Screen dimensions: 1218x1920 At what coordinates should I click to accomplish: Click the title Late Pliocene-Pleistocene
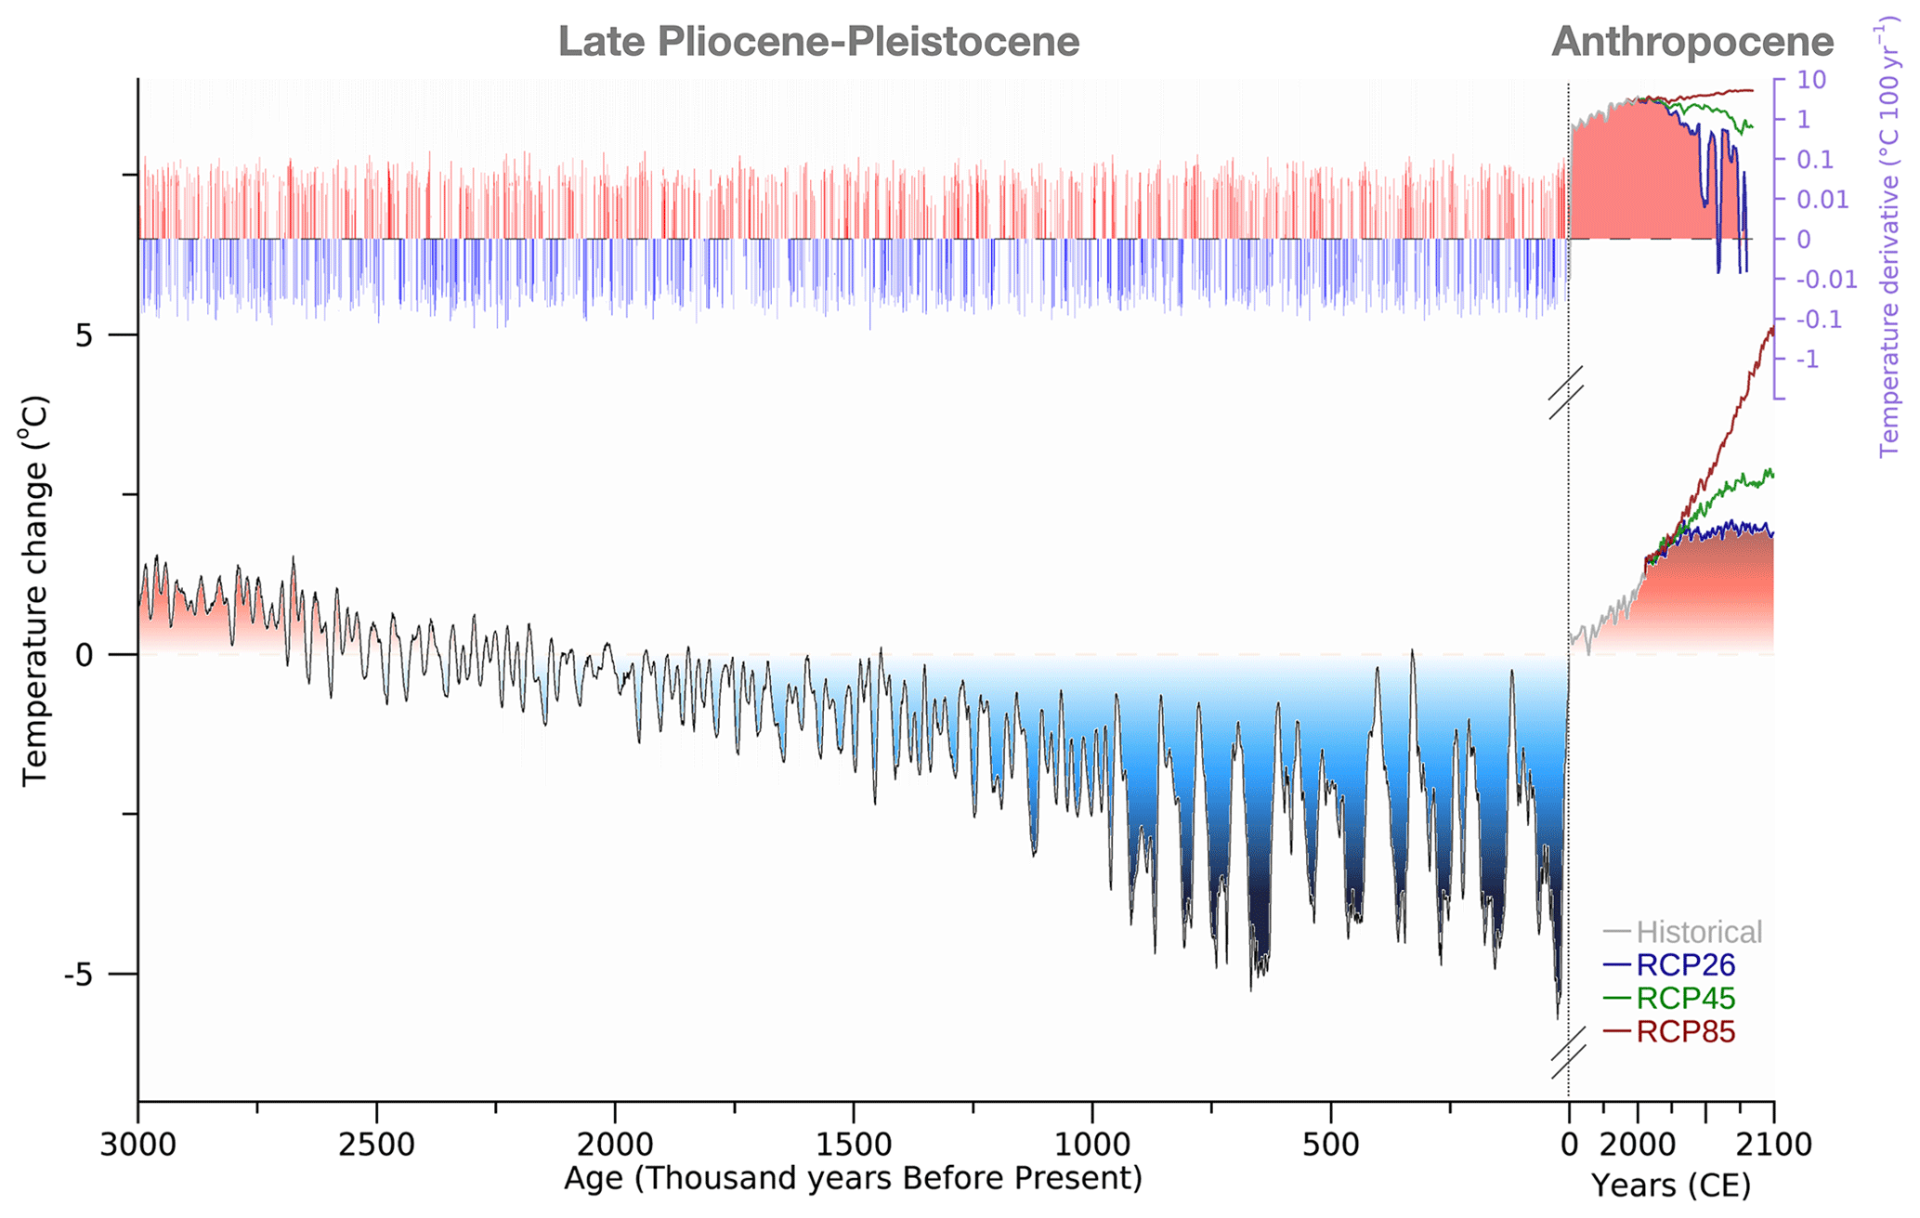click(x=818, y=42)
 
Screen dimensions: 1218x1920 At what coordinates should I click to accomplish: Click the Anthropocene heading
click(x=1692, y=42)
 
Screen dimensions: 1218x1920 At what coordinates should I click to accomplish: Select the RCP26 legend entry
click(x=1685, y=964)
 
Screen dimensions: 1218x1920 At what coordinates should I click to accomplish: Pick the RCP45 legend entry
click(x=1685, y=998)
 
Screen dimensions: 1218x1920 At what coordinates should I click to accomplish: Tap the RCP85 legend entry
click(x=1685, y=1031)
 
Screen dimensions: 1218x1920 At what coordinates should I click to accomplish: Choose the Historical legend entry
click(x=1698, y=931)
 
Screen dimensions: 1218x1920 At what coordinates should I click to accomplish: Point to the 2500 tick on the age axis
click(x=376, y=1144)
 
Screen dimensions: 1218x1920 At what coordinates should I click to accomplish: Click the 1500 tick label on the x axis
click(x=853, y=1144)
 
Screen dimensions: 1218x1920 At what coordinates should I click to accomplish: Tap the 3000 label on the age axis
click(x=138, y=1144)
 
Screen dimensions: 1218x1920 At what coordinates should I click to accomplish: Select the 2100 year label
click(x=1775, y=1144)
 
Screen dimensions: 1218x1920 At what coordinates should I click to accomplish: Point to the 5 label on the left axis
click(x=85, y=335)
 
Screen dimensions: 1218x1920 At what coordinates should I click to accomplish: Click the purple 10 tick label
click(x=1811, y=79)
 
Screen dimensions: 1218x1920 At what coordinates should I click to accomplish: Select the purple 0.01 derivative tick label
click(x=1822, y=199)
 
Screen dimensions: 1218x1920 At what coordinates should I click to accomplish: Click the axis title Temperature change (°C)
click(x=34, y=591)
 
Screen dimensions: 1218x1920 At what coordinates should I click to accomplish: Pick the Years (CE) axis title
click(x=1670, y=1185)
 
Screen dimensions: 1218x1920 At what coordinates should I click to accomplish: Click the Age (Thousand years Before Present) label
click(x=853, y=1178)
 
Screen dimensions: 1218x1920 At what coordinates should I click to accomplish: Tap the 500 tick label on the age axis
click(x=1330, y=1144)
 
